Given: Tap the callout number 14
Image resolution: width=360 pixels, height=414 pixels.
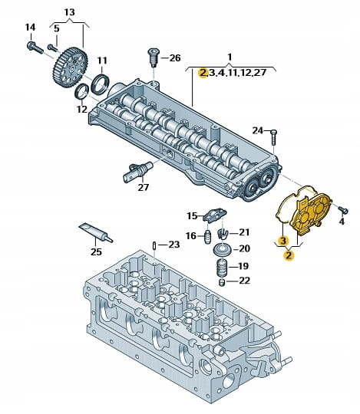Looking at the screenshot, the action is tap(30, 28).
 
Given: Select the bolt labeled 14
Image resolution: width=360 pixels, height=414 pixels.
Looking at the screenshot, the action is tap(35, 48).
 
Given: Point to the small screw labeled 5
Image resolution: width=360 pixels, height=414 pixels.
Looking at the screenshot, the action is tap(52, 48).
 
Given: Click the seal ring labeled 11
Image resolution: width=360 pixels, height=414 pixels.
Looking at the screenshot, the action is tap(100, 84).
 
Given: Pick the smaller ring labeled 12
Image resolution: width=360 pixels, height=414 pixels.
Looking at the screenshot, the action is tap(82, 92).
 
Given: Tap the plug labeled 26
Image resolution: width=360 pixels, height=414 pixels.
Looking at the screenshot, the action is tap(152, 58).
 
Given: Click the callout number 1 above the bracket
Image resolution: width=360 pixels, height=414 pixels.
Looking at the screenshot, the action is tap(230, 57).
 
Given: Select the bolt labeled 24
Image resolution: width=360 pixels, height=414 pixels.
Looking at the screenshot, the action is tap(273, 137).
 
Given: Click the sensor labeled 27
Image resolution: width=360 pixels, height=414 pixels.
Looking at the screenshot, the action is tap(137, 171).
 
